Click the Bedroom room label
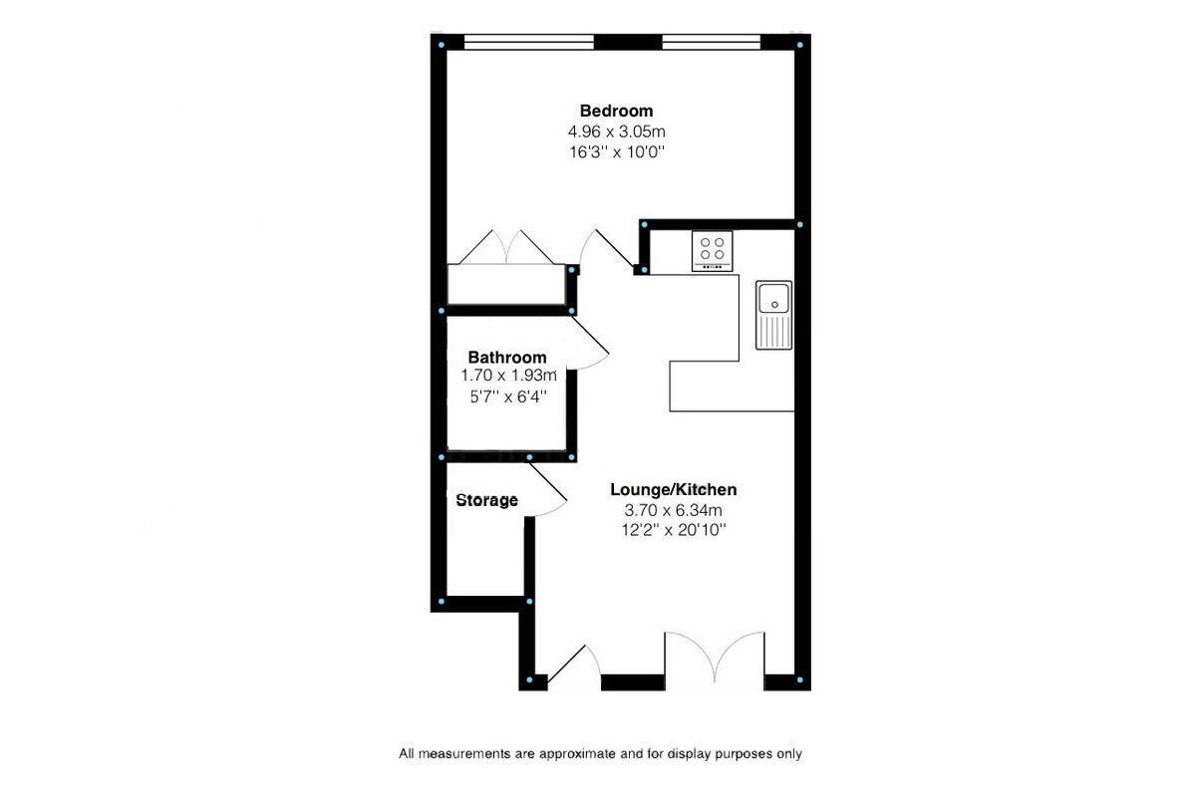click(616, 111)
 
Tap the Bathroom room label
click(507, 357)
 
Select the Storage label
click(487, 500)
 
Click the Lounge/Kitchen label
click(674, 489)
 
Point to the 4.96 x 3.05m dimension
click(617, 132)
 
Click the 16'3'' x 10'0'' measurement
click(616, 152)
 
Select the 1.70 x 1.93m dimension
click(509, 376)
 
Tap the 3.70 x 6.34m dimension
click(674, 510)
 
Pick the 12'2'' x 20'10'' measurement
click(674, 530)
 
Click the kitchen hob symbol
click(713, 251)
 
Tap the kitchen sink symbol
click(773, 315)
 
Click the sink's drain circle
click(774, 305)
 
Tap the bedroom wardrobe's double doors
click(506, 247)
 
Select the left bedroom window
click(529, 42)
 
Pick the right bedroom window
click(712, 42)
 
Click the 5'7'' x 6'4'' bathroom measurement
click(509, 398)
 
